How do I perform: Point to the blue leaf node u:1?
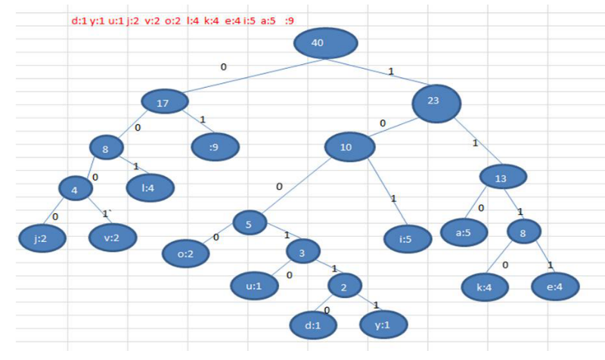[x=255, y=287]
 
